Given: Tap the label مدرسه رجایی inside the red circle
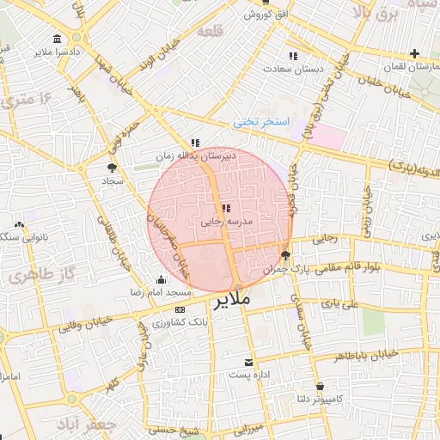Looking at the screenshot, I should (x=225, y=222).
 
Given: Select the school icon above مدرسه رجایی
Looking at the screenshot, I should (x=225, y=208).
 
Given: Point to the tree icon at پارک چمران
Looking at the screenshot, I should (x=285, y=254).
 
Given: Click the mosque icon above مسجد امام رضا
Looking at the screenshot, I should (x=162, y=279).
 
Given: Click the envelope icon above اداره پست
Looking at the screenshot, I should (x=249, y=363).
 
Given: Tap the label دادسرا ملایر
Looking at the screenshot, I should (x=58, y=52).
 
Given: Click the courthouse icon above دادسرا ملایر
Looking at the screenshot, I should (x=57, y=40).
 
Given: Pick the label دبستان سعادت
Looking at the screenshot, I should (x=293, y=67).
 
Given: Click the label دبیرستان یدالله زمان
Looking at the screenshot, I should (x=195, y=156).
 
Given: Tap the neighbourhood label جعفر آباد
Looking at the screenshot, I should (x=86, y=425).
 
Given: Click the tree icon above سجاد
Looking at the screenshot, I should (x=113, y=168).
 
